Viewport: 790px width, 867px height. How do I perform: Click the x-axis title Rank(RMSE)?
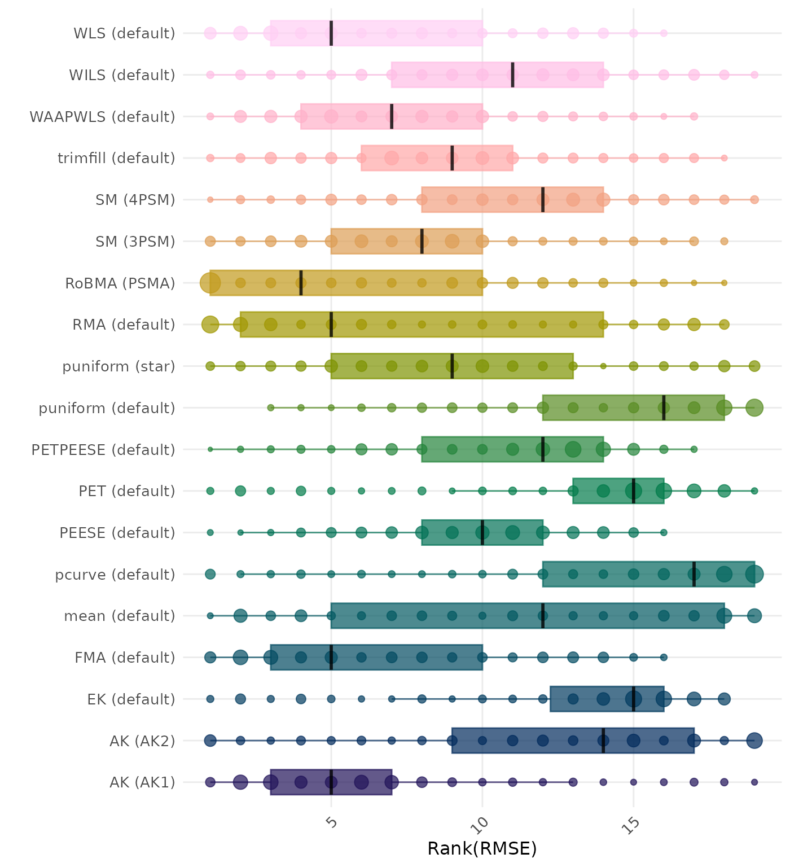pos(482,848)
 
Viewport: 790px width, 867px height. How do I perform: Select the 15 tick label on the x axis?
pos(632,825)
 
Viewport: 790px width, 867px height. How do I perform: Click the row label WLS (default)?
pos(124,33)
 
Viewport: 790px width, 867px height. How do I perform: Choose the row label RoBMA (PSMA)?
pos(120,283)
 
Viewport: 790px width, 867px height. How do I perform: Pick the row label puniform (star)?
pos(118,366)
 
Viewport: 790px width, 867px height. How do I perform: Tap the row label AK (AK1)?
pos(142,782)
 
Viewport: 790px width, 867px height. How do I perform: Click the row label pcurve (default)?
pos(115,575)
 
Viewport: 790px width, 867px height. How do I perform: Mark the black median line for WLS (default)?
pos(331,33)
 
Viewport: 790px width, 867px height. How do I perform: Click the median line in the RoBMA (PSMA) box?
pos(301,283)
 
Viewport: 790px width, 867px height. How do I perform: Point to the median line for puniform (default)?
pos(664,408)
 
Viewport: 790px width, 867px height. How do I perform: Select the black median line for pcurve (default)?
pos(694,574)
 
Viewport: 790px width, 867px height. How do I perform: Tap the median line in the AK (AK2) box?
pos(603,741)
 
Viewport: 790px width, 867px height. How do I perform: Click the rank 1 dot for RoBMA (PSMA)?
pos(210,283)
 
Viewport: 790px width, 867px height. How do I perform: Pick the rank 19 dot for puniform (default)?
pos(754,408)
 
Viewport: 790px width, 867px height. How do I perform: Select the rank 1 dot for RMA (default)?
pos(210,325)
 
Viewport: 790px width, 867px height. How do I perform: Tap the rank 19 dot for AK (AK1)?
pos(754,782)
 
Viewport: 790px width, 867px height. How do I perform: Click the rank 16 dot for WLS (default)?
pos(664,33)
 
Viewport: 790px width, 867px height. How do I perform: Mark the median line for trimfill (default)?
pos(452,158)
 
